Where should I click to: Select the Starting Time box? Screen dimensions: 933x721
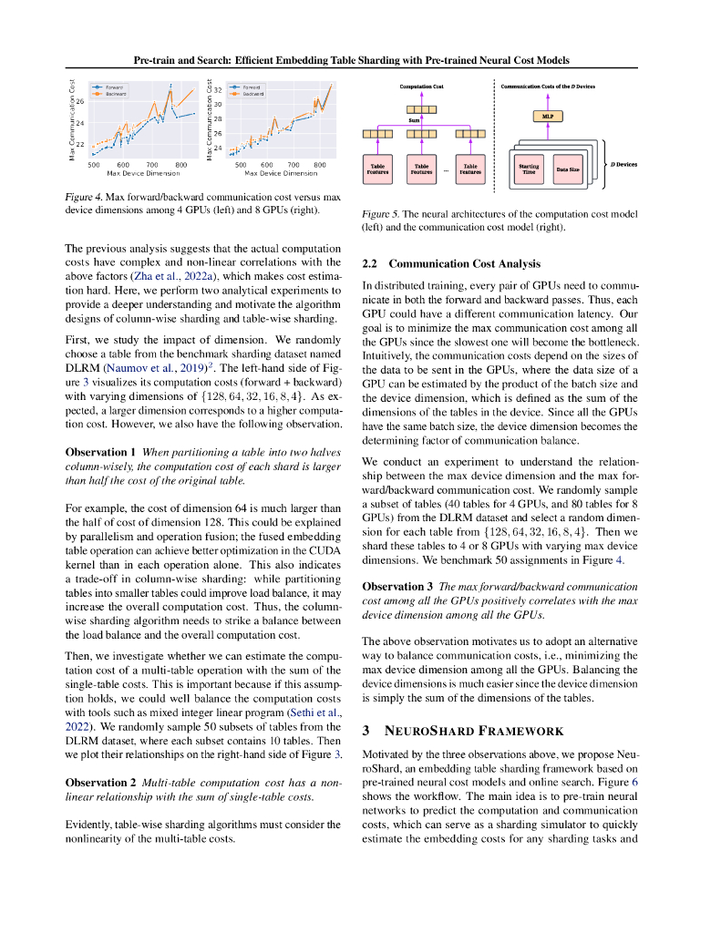[x=528, y=169]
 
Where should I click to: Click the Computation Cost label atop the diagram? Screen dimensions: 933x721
[x=421, y=86]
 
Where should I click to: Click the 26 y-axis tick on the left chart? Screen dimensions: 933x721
[x=79, y=101]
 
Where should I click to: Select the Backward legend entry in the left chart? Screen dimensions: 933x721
[x=114, y=93]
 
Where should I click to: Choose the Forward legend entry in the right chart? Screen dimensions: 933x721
[x=252, y=87]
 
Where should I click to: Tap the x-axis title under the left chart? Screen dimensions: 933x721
[x=137, y=173]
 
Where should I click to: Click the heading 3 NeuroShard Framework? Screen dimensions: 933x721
[x=464, y=731]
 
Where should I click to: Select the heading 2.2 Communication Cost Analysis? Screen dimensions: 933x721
[x=451, y=263]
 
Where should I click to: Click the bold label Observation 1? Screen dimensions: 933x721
[x=100, y=452]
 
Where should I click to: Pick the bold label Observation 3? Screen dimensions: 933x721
[x=397, y=586]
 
